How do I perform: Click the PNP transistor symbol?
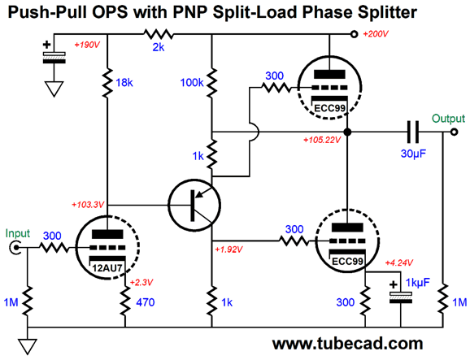pos(194,205)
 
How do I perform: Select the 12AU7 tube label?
pos(107,268)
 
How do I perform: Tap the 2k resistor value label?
pos(159,47)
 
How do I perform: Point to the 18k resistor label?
pos(124,82)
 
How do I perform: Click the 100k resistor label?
pos(192,82)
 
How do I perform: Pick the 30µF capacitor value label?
pos(413,154)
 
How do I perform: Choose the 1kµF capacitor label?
pos(417,283)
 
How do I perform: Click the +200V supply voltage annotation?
pos(376,34)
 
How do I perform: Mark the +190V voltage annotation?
pos(87,45)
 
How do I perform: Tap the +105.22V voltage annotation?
pos(322,140)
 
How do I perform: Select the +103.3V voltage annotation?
pos(88,205)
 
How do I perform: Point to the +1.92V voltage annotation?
pos(228,249)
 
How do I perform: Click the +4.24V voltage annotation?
pos(399,262)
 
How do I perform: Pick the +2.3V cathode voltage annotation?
pos(141,283)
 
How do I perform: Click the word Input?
pos(18,233)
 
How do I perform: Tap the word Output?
pos(448,119)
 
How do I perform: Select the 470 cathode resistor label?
pos(146,302)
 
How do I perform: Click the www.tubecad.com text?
pos(347,344)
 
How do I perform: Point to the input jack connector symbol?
pos(15,248)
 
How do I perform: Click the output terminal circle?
pos(455,132)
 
